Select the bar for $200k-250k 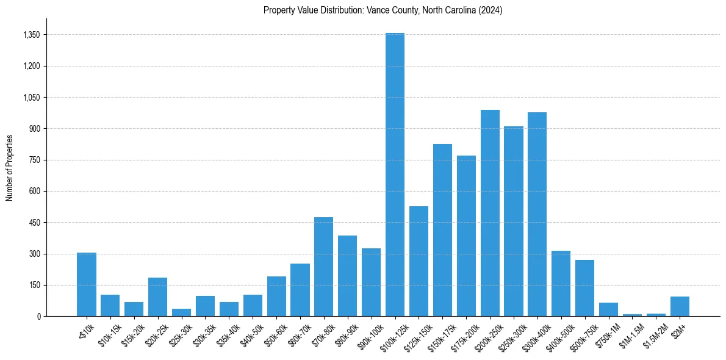(490, 213)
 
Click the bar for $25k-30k (181, 312)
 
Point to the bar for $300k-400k (537, 214)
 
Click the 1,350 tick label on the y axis (31, 35)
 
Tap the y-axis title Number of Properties (10, 168)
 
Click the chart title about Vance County (383, 10)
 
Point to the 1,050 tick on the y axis (31, 98)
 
